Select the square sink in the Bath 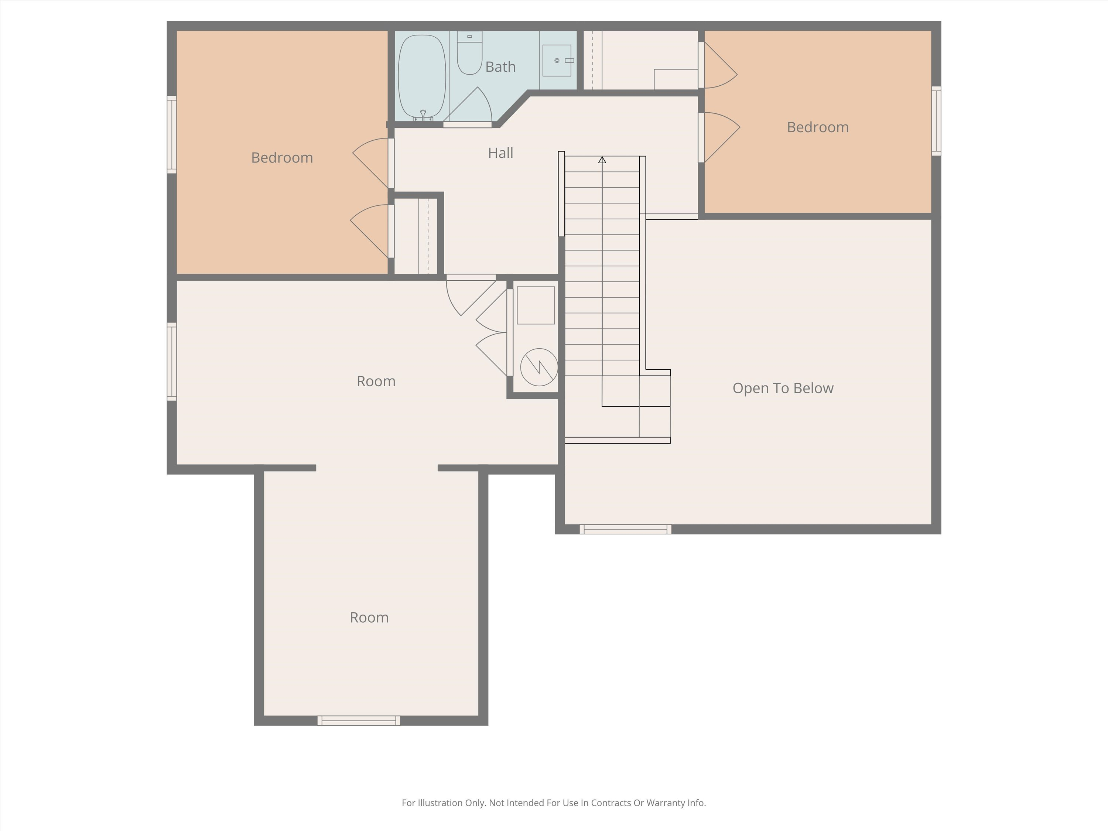557,61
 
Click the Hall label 500,153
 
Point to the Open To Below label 782,388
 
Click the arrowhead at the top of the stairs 602,160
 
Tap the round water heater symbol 539,367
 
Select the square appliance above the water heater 536,305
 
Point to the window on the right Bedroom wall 936,121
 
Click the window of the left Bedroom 172,134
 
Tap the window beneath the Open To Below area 625,529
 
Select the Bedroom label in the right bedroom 817,127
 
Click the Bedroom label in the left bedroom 282,158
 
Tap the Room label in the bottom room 369,618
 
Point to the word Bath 500,66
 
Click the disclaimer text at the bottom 554,803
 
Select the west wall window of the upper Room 172,362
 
